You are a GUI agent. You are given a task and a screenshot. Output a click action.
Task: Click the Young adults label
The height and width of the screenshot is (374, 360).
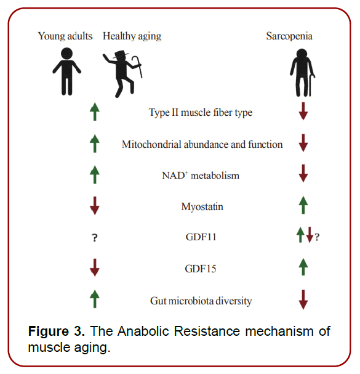click(x=65, y=36)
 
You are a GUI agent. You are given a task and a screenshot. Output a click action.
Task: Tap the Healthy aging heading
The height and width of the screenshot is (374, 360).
click(x=132, y=36)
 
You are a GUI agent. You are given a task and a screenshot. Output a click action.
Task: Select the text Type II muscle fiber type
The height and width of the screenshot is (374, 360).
click(x=201, y=112)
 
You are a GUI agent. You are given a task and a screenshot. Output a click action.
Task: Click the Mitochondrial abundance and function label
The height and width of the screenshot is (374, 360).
click(x=202, y=144)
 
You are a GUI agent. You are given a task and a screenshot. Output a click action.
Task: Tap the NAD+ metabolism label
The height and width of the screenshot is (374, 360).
click(x=196, y=176)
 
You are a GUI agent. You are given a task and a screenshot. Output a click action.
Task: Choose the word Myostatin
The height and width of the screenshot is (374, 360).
click(x=202, y=207)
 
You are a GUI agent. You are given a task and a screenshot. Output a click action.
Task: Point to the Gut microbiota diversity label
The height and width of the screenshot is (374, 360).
click(x=201, y=301)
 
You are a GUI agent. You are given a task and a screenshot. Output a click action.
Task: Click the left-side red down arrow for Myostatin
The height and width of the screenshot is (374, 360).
click(x=94, y=206)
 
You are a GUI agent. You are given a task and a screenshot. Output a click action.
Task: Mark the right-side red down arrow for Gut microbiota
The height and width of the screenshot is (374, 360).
click(x=303, y=299)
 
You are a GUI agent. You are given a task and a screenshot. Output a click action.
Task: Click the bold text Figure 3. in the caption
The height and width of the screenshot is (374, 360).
click(x=57, y=331)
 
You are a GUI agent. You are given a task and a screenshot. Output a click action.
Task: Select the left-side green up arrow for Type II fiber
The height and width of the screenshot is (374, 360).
click(x=94, y=112)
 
